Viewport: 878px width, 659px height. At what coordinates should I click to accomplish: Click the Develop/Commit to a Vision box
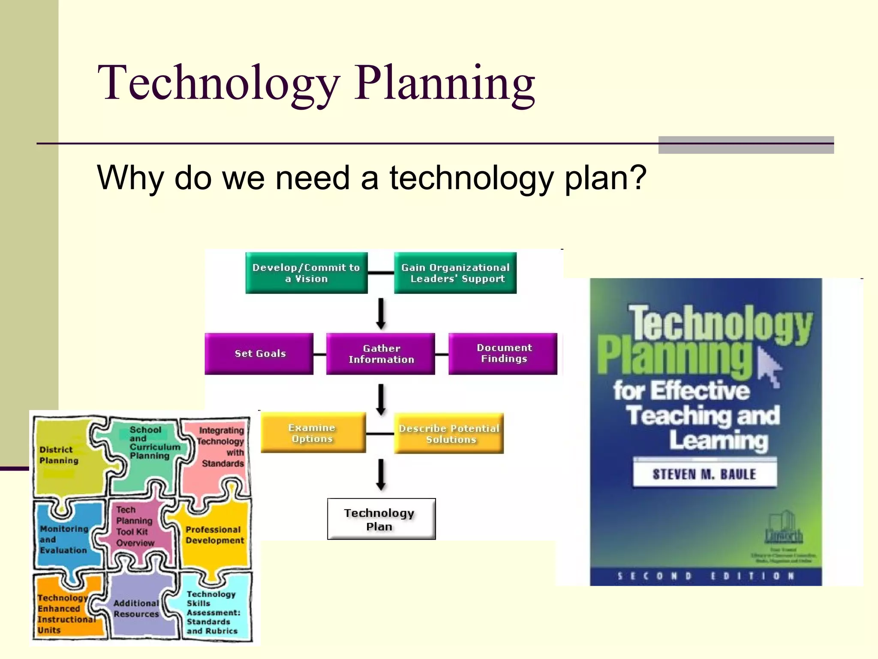[306, 273]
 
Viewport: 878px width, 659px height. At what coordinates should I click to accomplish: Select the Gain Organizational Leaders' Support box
[455, 273]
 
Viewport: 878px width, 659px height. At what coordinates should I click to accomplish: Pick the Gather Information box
[380, 354]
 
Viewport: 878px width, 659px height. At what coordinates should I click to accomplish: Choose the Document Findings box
[503, 354]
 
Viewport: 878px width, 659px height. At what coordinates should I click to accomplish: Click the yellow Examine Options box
[313, 432]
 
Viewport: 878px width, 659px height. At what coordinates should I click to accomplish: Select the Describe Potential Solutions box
[449, 433]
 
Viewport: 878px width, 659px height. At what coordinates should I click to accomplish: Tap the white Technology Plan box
[381, 519]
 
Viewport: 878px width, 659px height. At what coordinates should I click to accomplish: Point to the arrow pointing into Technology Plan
[381, 475]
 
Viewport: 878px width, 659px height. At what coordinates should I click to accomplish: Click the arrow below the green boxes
[381, 314]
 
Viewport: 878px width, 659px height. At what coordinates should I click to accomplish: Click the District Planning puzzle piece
[64, 457]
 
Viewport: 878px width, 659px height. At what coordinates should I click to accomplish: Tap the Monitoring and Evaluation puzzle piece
[64, 539]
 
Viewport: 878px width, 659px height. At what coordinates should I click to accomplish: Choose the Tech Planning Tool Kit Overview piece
[135, 526]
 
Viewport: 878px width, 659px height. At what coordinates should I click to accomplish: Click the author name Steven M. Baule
[704, 474]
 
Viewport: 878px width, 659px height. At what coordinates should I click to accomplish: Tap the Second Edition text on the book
[706, 576]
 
